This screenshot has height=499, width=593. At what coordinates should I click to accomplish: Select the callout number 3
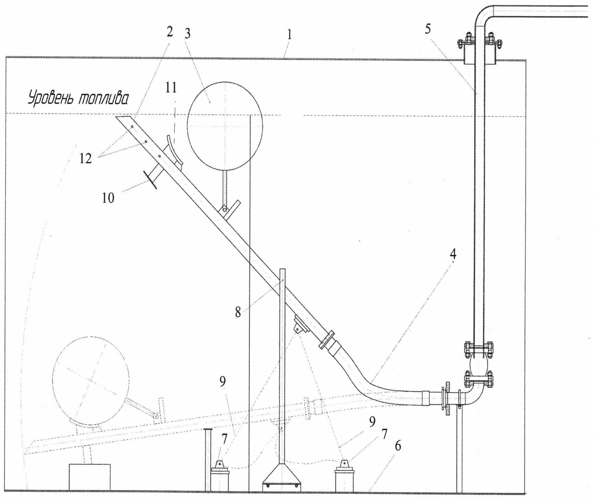(187, 33)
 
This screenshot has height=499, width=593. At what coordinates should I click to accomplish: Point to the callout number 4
(453, 254)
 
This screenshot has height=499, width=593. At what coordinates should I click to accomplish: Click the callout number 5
(428, 29)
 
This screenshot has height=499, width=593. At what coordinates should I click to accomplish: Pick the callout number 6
(397, 446)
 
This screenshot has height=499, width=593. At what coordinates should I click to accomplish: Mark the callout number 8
(238, 313)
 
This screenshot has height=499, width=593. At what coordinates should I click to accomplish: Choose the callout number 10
(108, 198)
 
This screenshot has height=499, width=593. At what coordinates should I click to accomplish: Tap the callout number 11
(171, 88)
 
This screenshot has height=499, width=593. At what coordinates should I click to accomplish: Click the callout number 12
(85, 158)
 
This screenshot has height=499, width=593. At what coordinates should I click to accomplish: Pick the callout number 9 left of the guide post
(223, 382)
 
